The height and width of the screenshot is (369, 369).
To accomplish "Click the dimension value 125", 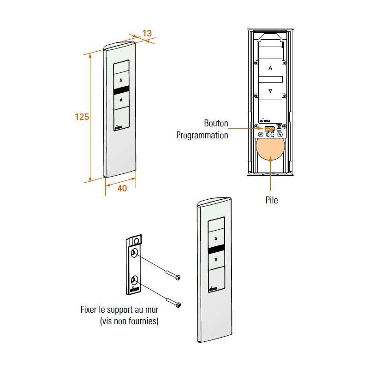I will point(82,117).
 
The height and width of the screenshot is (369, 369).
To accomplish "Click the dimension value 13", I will point(147,33).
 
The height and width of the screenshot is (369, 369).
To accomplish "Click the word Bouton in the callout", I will point(216,124).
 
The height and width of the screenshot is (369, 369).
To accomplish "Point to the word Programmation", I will point(202,136).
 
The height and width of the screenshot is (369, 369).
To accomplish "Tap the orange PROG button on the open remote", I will point(270,129).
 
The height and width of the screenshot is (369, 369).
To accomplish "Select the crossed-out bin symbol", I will point(279,128).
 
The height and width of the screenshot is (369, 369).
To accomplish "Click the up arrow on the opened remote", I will point(270,67).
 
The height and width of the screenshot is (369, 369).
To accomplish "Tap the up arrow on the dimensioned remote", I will point(121,80).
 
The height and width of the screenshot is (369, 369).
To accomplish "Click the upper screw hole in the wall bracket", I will point(135,253).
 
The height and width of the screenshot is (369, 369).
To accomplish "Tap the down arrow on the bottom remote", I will point(216,260).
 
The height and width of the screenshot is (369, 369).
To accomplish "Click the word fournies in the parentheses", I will point(142,321).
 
